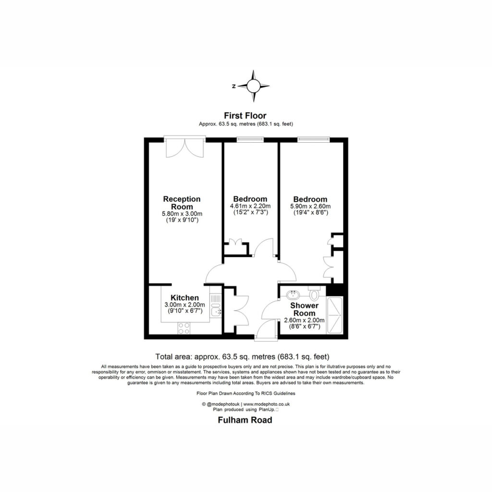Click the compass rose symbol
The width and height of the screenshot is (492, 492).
pyautogui.click(x=253, y=86)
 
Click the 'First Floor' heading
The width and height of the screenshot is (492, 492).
pyautogui.click(x=245, y=116)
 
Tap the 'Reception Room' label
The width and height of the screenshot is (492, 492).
pyautogui.click(x=182, y=203)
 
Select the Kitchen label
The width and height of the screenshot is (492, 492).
pyautogui.click(x=184, y=298)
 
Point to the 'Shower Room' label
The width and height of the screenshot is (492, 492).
pyautogui.click(x=304, y=309)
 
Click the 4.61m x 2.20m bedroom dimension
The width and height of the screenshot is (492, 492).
pyautogui.click(x=250, y=206)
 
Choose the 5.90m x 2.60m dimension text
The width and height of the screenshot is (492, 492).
pyautogui.click(x=310, y=207)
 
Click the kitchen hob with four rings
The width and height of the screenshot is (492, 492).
pyautogui.click(x=184, y=328)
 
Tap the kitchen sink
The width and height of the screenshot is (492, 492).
pyautogui.click(x=216, y=311)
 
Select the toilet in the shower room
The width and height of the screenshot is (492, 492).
pyautogui.click(x=314, y=293)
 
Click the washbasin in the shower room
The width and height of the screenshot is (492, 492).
pyautogui.click(x=293, y=295)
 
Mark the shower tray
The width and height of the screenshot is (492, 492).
pyautogui.click(x=335, y=315)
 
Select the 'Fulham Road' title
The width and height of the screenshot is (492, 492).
pyautogui.click(x=245, y=420)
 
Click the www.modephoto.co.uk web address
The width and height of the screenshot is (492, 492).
pyautogui.click(x=266, y=405)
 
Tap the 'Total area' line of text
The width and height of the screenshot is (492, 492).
pyautogui.click(x=242, y=357)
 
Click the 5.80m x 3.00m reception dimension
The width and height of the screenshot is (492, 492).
pyautogui.click(x=182, y=214)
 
